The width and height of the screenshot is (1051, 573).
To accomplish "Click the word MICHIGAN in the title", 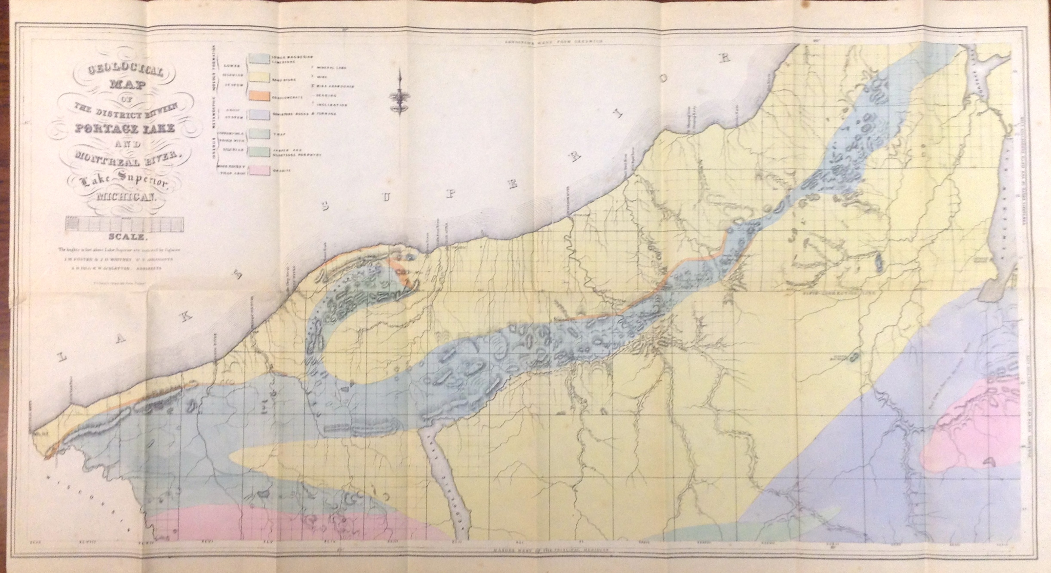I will coord(125,198).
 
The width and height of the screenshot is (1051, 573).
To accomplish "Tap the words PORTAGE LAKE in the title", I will coord(126,128).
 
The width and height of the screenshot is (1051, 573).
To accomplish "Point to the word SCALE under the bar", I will coord(128,236).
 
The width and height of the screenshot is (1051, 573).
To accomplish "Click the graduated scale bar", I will coord(124,224).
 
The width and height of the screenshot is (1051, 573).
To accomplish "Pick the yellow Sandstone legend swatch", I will coord(258,77).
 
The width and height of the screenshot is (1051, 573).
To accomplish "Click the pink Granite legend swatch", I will coord(258,171).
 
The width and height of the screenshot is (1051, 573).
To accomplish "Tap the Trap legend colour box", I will coord(258,134).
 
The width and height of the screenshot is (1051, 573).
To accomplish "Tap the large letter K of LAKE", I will coord(185,317).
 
